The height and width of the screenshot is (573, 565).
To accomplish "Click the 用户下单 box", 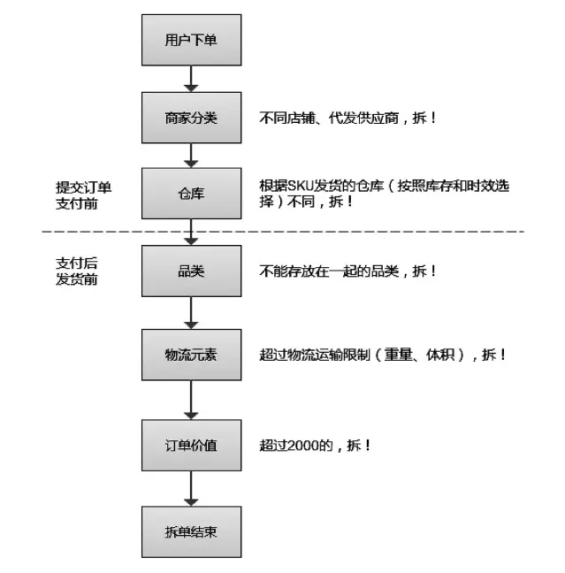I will (x=191, y=40).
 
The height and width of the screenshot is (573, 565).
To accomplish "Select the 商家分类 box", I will (x=191, y=118).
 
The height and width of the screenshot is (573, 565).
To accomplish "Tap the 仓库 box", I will (x=191, y=194).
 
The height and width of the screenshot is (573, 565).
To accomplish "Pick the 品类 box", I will (x=191, y=271).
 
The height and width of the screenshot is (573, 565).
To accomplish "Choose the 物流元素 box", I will (x=191, y=355).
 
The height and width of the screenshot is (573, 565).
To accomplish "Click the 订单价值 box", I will (x=191, y=445).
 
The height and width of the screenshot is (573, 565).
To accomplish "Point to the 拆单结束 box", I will (x=191, y=531).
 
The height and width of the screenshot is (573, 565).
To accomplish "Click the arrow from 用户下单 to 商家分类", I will (x=191, y=79).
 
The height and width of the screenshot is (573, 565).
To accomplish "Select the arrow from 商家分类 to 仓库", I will (x=191, y=156).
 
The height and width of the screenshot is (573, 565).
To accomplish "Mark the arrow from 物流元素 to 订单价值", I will (x=191, y=400).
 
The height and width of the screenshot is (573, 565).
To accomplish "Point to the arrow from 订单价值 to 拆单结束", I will (x=191, y=489).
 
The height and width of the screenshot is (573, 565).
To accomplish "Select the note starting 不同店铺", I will (x=347, y=118).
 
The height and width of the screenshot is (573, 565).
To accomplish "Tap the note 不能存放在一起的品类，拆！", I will (x=347, y=271).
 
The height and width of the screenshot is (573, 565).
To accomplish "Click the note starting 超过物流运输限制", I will (x=383, y=355).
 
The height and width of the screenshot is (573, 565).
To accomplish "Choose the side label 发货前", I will (x=76, y=279).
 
